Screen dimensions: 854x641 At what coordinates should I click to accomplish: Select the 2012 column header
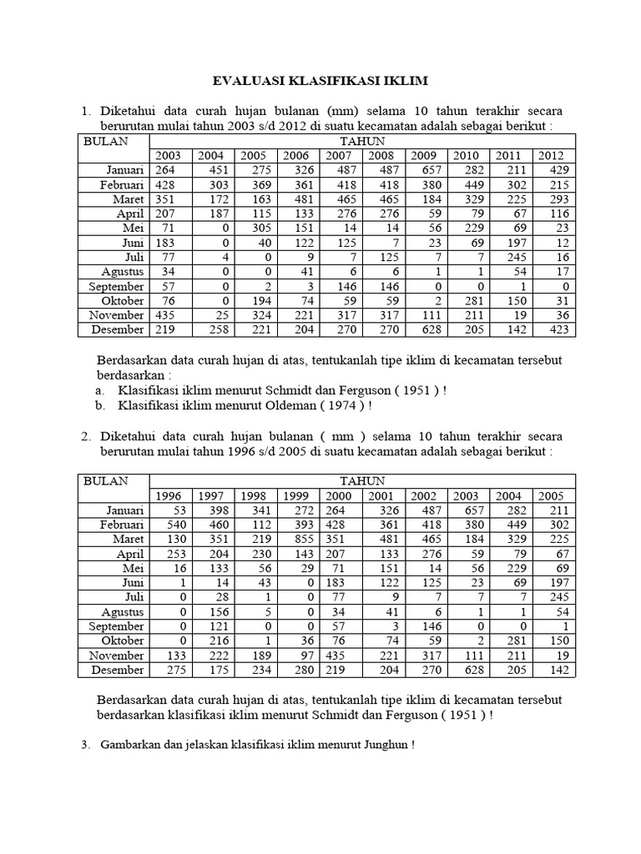click(x=551, y=155)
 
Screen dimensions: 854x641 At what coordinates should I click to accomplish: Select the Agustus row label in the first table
click(x=123, y=271)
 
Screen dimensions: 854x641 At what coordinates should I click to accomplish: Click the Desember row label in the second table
click(x=118, y=669)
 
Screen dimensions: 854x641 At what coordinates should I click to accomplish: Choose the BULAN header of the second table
click(x=106, y=481)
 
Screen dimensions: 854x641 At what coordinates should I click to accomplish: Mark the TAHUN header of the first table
click(x=361, y=141)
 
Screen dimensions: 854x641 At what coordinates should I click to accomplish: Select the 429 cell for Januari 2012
click(x=558, y=170)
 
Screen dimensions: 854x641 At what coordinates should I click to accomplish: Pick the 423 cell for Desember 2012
click(x=558, y=329)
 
